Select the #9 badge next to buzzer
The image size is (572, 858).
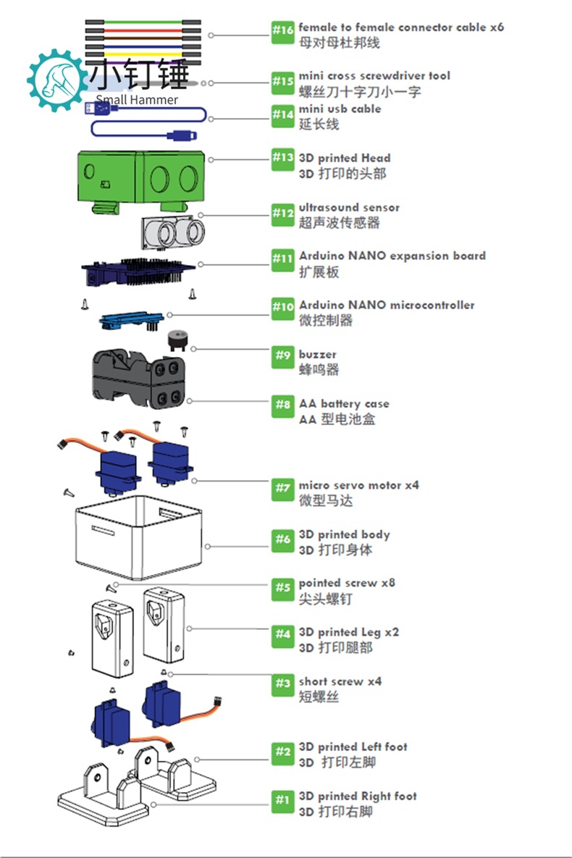click(282, 356)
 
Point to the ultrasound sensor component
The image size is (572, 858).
click(172, 229)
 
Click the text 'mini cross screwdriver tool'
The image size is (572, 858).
click(374, 76)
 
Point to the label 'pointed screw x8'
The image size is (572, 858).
click(347, 583)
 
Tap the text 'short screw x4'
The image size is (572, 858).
click(340, 681)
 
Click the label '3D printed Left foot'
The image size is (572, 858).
click(353, 746)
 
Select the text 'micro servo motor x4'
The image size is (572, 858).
click(359, 485)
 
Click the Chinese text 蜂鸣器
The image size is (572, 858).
click(319, 370)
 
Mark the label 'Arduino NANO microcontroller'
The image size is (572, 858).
click(387, 305)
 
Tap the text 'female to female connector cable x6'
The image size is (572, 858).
click(401, 28)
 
